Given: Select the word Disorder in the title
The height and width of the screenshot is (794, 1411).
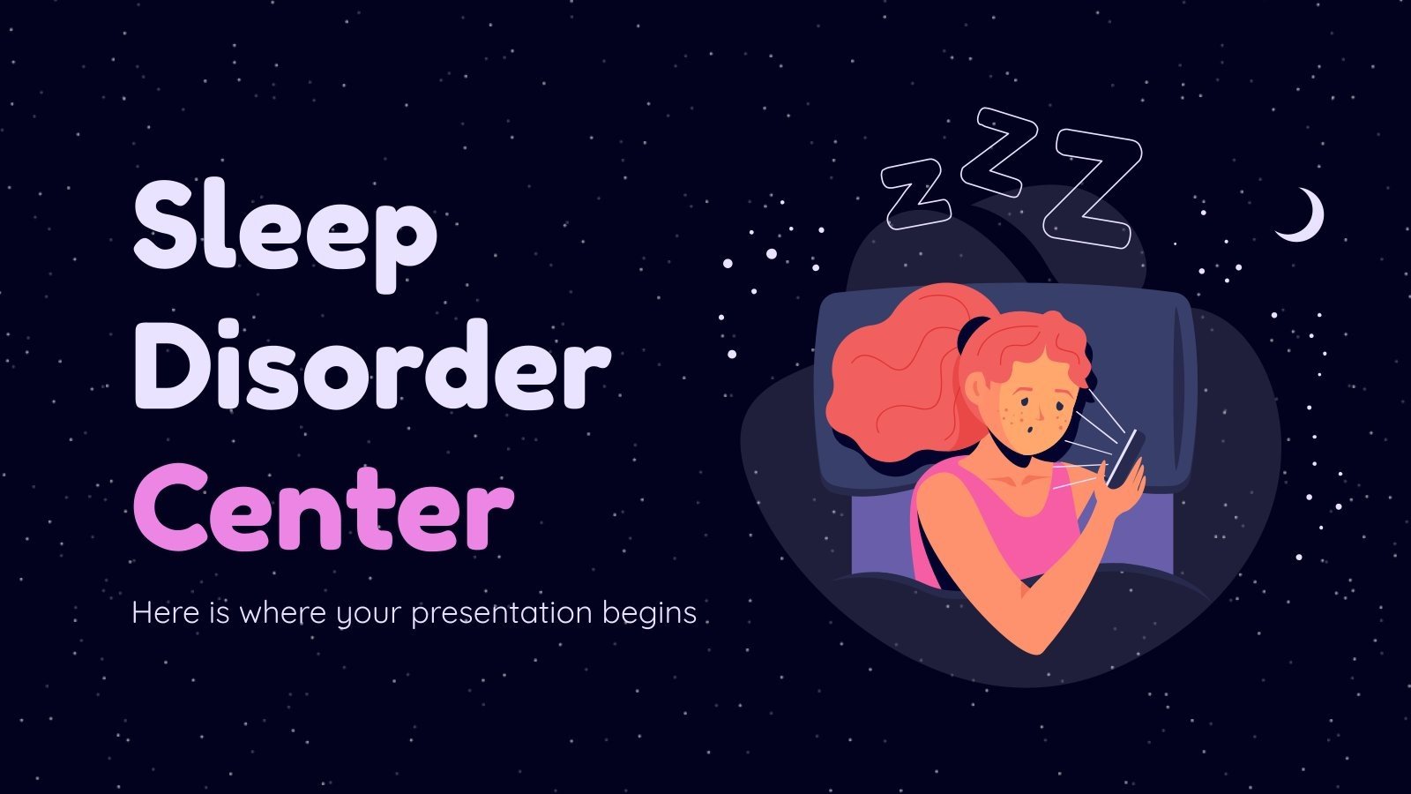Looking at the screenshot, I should tap(370, 366).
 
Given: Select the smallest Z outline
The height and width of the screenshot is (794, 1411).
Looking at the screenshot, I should tap(915, 192).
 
